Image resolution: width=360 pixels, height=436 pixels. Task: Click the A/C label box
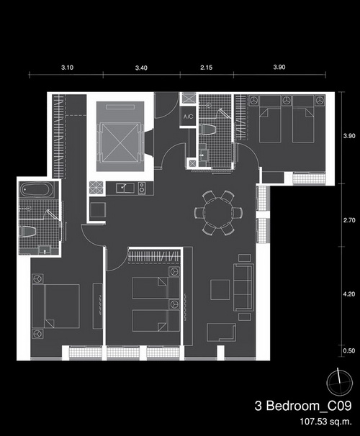pyautogui.click(x=189, y=117)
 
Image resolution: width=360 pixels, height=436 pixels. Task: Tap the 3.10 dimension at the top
pyautogui.click(x=68, y=68)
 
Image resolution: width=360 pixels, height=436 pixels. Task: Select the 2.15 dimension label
pyautogui.click(x=207, y=68)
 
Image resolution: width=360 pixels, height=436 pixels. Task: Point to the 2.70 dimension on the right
pyautogui.click(x=349, y=220)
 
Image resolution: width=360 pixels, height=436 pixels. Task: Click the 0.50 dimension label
pyautogui.click(x=349, y=350)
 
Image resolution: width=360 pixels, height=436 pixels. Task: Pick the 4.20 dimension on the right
pyautogui.click(x=349, y=294)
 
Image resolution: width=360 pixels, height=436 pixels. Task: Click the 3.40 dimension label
pyautogui.click(x=141, y=68)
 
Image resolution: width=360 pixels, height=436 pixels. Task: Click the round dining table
pyautogui.click(x=218, y=213)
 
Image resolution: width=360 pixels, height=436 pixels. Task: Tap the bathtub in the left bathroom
pyautogui.click(x=37, y=190)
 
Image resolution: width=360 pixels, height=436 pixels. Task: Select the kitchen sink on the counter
pyautogui.click(x=125, y=188)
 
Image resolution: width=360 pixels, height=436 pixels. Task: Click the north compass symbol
pyautogui.click(x=339, y=383)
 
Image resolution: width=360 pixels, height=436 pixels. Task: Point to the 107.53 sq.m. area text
pyautogui.click(x=325, y=422)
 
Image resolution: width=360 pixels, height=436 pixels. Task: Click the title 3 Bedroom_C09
pyautogui.click(x=303, y=406)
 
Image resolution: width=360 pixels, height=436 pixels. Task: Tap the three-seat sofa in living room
pyautogui.click(x=243, y=287)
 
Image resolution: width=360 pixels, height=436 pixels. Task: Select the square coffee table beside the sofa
pyautogui.click(x=220, y=290)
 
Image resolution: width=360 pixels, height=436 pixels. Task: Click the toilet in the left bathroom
pyautogui.click(x=28, y=232)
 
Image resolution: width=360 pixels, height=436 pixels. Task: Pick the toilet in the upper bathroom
pyautogui.click(x=208, y=130)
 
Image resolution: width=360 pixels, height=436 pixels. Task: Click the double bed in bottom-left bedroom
pyautogui.click(x=55, y=306)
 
